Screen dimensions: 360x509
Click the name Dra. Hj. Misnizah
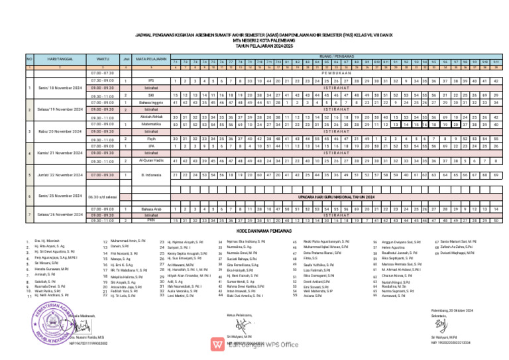click(47, 242)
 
